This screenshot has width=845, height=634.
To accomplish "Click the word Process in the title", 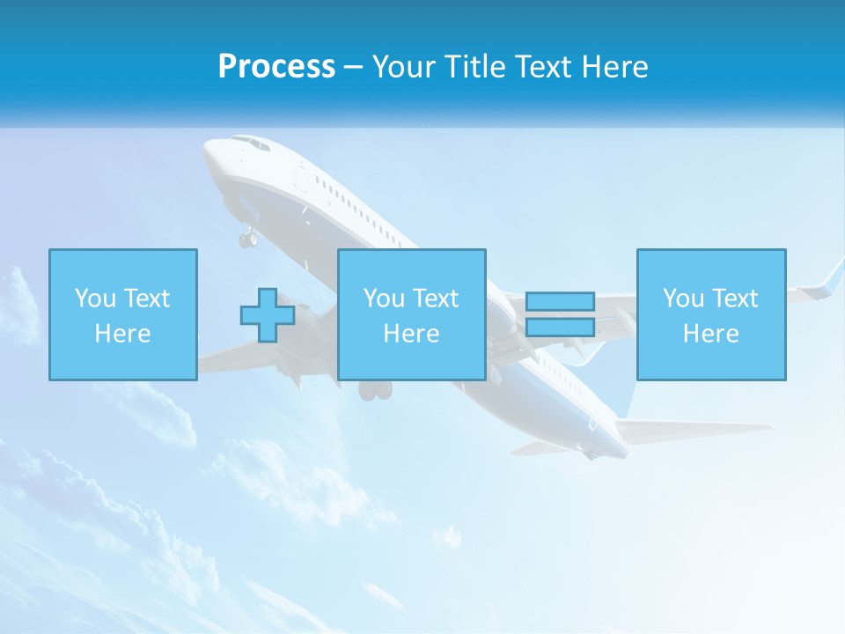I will tap(276, 67).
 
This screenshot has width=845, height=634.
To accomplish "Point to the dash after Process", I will tap(354, 68).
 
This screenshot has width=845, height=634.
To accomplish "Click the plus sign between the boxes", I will tap(268, 315).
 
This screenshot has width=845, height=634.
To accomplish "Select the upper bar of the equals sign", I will tap(560, 302).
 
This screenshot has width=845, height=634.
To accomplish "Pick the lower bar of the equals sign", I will tap(560, 328).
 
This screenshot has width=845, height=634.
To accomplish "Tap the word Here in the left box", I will tap(122, 334).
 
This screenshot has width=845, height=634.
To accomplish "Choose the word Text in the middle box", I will tap(435, 299).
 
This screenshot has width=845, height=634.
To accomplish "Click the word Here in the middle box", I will tap(411, 334).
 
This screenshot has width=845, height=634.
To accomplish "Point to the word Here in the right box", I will tap(710, 334).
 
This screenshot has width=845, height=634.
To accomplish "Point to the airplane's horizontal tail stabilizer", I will tap(695, 431).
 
